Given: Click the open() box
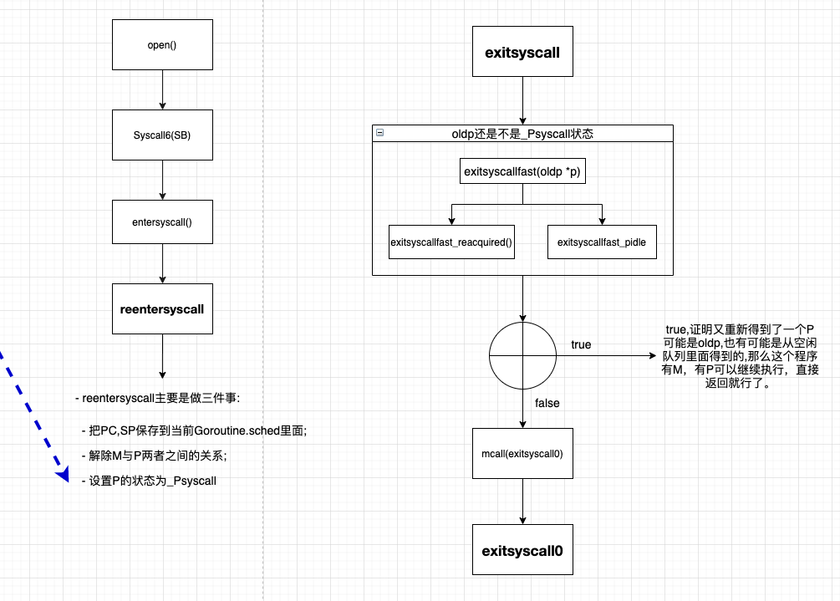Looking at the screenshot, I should tap(162, 45).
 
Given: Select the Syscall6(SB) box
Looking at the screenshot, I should tap(162, 135).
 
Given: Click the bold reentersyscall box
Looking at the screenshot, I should tap(162, 308).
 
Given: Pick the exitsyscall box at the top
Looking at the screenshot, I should tap(522, 52).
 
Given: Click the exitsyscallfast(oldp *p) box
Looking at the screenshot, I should tap(522, 171).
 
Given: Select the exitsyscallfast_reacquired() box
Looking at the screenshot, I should tap(451, 242).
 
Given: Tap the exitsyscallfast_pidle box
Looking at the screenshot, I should tap(602, 242).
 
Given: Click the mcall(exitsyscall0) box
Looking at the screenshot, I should tap(522, 453).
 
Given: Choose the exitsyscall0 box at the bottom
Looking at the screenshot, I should tap(522, 550).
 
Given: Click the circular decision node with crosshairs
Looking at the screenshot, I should tap(522, 354).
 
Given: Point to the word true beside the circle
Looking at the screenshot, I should tap(581, 344).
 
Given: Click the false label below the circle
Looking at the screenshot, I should tap(547, 403).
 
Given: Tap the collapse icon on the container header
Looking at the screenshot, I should tap(380, 133).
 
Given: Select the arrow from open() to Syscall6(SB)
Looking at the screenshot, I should tap(162, 89).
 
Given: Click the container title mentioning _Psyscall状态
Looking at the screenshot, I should tap(522, 133).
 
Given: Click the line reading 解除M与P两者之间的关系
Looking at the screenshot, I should tap(155, 456).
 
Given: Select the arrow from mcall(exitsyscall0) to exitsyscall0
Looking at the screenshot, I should tap(522, 502).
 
